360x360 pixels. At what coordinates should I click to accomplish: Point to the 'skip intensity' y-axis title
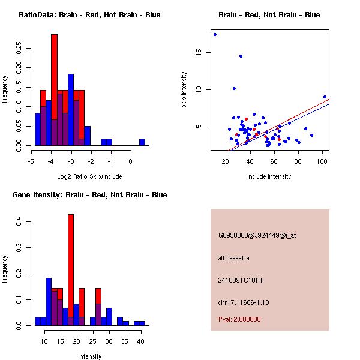pyautogui.click(x=184, y=90)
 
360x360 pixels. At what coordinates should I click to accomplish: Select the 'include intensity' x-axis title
pyautogui.click(x=269, y=176)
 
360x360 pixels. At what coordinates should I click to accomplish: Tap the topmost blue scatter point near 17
pyautogui.click(x=215, y=34)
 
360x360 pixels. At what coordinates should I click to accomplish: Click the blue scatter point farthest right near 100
pyautogui.click(x=325, y=97)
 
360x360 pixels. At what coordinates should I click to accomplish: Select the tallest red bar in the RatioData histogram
pyautogui.click(x=54, y=90)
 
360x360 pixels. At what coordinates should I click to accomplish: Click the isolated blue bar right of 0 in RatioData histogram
pyautogui.click(x=142, y=142)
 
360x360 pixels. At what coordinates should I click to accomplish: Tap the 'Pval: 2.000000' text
pyautogui.click(x=239, y=319)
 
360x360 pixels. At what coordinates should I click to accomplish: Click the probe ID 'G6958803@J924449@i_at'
pyautogui.click(x=257, y=235)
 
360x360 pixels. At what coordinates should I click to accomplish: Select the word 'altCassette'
pyautogui.click(x=233, y=258)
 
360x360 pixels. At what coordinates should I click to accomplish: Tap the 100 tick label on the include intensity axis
pyautogui.click(x=322, y=161)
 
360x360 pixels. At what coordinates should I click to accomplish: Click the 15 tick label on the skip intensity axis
pyautogui.click(x=199, y=52)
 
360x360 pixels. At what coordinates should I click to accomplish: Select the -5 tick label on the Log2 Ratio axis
pyautogui.click(x=32, y=161)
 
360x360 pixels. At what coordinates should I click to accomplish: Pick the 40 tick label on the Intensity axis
pyautogui.click(x=140, y=341)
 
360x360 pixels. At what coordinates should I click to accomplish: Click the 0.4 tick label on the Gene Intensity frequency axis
pyautogui.click(x=20, y=222)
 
